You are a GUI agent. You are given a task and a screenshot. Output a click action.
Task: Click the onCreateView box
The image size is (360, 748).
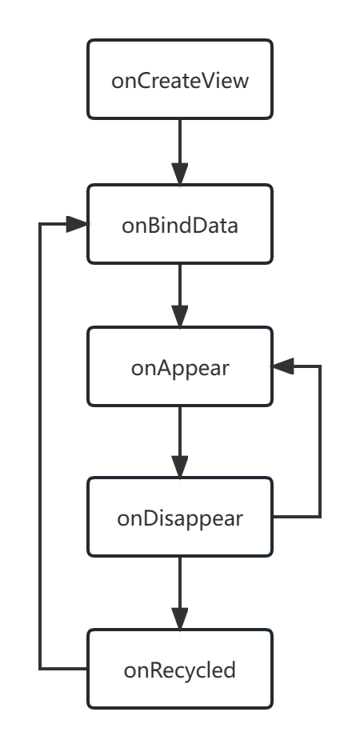(x=180, y=79)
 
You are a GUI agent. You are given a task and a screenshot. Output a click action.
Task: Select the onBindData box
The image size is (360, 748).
(x=180, y=224)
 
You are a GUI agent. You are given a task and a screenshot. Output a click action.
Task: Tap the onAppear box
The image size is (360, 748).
(x=180, y=366)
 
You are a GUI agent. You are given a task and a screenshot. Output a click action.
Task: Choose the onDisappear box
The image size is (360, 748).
(x=180, y=517)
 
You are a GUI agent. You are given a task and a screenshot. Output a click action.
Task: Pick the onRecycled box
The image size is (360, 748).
(x=180, y=669)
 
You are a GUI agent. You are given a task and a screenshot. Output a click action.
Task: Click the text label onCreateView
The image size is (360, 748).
(x=180, y=81)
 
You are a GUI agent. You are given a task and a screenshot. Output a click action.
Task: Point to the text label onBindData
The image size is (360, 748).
(x=180, y=225)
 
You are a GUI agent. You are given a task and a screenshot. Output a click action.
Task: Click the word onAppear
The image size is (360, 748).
(x=180, y=369)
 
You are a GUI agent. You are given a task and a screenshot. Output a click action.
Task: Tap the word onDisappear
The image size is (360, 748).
(x=180, y=518)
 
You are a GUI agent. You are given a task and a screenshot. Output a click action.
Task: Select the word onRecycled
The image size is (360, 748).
(x=180, y=670)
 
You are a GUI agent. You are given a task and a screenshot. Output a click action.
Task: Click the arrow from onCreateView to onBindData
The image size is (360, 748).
(x=180, y=152)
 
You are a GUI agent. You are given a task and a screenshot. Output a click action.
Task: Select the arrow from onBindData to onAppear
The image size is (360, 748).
(x=180, y=295)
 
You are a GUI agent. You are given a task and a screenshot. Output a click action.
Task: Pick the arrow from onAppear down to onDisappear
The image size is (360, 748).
(x=180, y=442)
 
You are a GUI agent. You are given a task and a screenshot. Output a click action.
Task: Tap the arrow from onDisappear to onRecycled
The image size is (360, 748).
(x=180, y=593)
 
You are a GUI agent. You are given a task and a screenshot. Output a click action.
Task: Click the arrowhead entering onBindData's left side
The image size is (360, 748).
(x=77, y=224)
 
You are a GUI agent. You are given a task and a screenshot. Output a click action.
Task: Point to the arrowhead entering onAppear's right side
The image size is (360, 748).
(x=283, y=366)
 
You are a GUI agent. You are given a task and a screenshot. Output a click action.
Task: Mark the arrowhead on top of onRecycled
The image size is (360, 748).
(x=180, y=618)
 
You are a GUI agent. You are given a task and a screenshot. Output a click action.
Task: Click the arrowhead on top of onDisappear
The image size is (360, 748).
(x=180, y=466)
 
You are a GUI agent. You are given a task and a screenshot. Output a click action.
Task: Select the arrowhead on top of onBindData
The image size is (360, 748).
(x=180, y=174)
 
